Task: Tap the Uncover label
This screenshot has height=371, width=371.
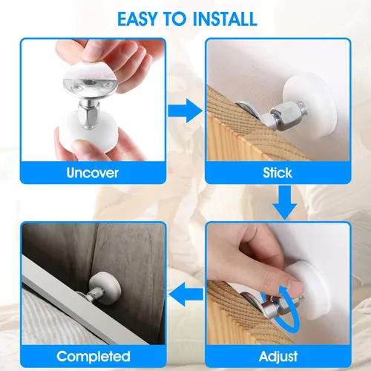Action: pyautogui.click(x=93, y=173)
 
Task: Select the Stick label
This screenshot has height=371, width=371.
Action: pyautogui.click(x=278, y=173)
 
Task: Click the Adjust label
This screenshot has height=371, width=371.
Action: pyautogui.click(x=278, y=355)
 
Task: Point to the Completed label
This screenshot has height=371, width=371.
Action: pyautogui.click(x=93, y=355)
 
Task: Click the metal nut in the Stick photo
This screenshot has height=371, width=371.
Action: pyautogui.click(x=285, y=114)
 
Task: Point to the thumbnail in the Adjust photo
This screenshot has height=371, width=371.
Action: pyautogui.click(x=297, y=286)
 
